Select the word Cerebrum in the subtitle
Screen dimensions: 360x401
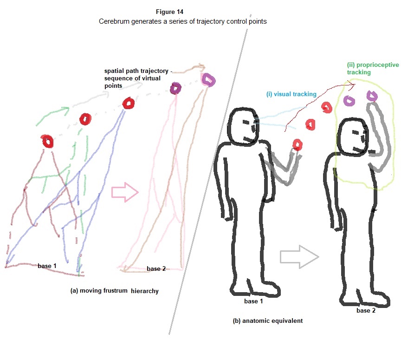coord(114,22)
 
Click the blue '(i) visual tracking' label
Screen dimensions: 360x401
coord(291,94)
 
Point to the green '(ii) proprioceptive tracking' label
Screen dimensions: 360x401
coord(373,69)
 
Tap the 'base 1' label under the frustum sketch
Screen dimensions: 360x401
coord(47,266)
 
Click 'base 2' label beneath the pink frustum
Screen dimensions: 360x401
coord(156,268)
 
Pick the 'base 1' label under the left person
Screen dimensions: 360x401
coord(254,301)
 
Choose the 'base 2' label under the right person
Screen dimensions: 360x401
coord(366,310)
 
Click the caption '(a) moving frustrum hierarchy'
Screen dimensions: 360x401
coord(114,291)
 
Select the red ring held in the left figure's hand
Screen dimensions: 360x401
coord(296,144)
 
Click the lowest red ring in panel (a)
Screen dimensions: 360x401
coord(47,141)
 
